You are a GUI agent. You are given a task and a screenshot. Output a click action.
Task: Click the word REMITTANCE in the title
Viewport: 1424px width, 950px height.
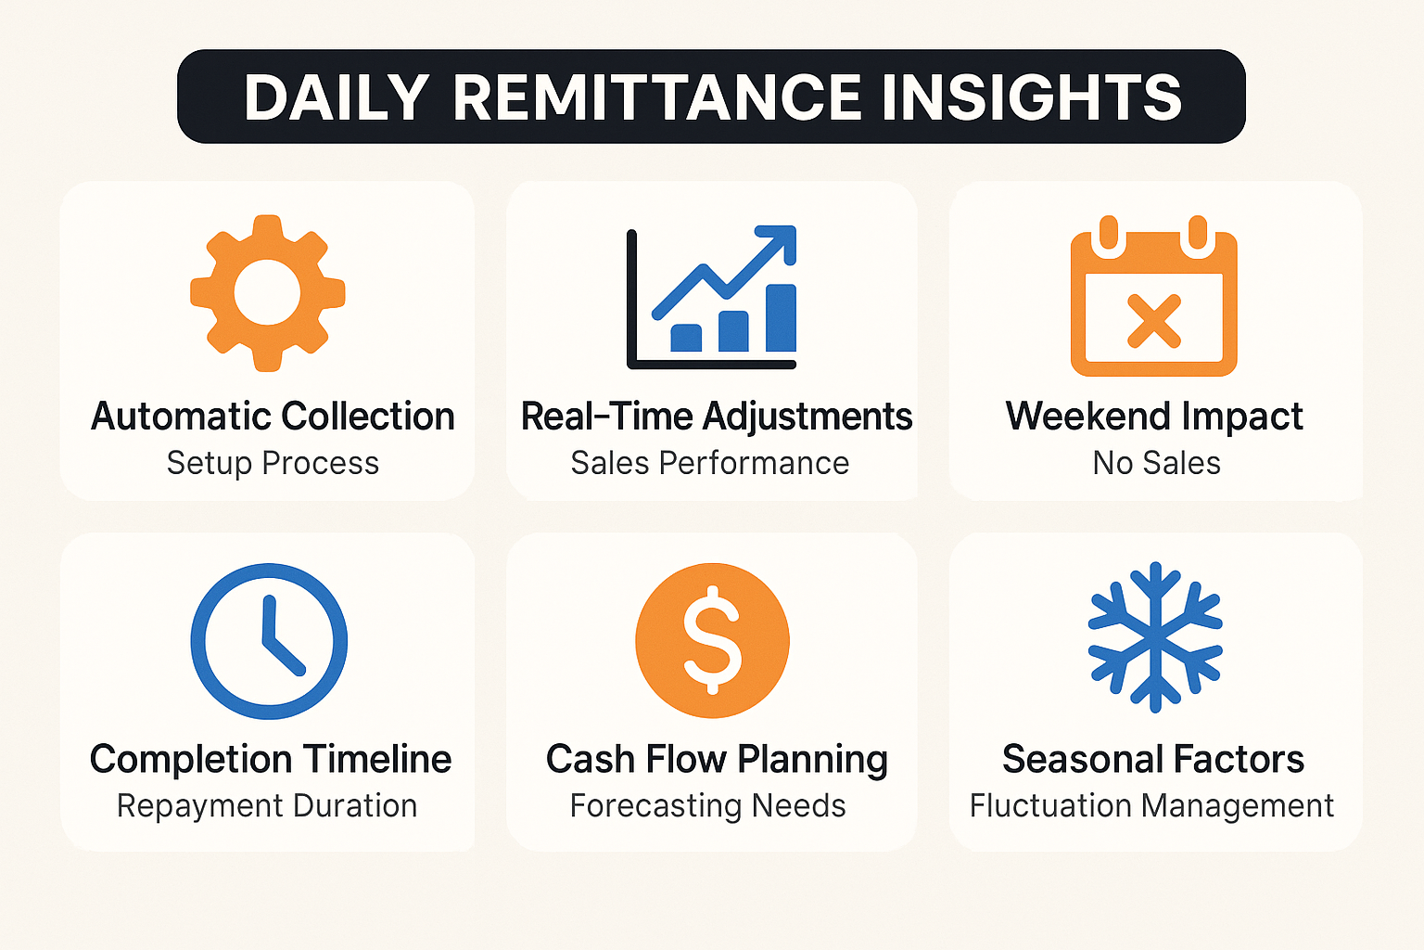(660, 98)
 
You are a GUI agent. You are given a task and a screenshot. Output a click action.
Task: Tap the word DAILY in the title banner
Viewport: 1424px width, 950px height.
(336, 98)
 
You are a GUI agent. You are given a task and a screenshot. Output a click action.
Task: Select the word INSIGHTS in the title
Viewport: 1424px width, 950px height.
(1031, 98)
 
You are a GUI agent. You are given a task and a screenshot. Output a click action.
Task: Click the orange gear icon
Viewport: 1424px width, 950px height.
(268, 293)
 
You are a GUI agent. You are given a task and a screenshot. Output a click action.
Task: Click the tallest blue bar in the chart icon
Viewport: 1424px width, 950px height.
(781, 318)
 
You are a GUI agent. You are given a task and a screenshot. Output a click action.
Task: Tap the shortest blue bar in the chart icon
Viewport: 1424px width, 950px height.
(686, 338)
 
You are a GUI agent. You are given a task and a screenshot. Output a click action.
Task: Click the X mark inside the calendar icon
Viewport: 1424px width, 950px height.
(1153, 321)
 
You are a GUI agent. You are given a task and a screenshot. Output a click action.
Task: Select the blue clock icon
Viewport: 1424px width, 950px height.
(269, 641)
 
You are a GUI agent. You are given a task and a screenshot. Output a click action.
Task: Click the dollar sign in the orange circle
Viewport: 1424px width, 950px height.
(712, 640)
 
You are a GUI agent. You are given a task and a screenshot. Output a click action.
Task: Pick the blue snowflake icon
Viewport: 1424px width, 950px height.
(1155, 637)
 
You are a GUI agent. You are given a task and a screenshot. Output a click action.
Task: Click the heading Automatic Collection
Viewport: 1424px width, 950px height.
(273, 417)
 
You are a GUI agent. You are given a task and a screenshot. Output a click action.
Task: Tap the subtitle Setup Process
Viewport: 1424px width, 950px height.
(273, 463)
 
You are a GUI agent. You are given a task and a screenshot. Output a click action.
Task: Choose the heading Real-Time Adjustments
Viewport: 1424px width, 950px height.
(716, 417)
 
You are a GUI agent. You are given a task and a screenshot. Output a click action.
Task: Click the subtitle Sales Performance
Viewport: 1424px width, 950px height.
(709, 463)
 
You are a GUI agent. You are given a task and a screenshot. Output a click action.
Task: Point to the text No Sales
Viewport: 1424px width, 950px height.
(1156, 463)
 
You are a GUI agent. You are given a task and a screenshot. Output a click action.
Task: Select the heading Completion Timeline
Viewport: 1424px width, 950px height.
(270, 759)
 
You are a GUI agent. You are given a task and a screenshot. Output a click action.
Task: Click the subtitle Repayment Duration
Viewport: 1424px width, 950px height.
(267, 806)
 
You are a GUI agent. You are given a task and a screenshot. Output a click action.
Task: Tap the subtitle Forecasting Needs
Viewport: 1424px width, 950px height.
(707, 806)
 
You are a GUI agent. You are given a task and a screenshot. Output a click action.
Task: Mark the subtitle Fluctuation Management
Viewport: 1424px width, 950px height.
(1151, 806)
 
